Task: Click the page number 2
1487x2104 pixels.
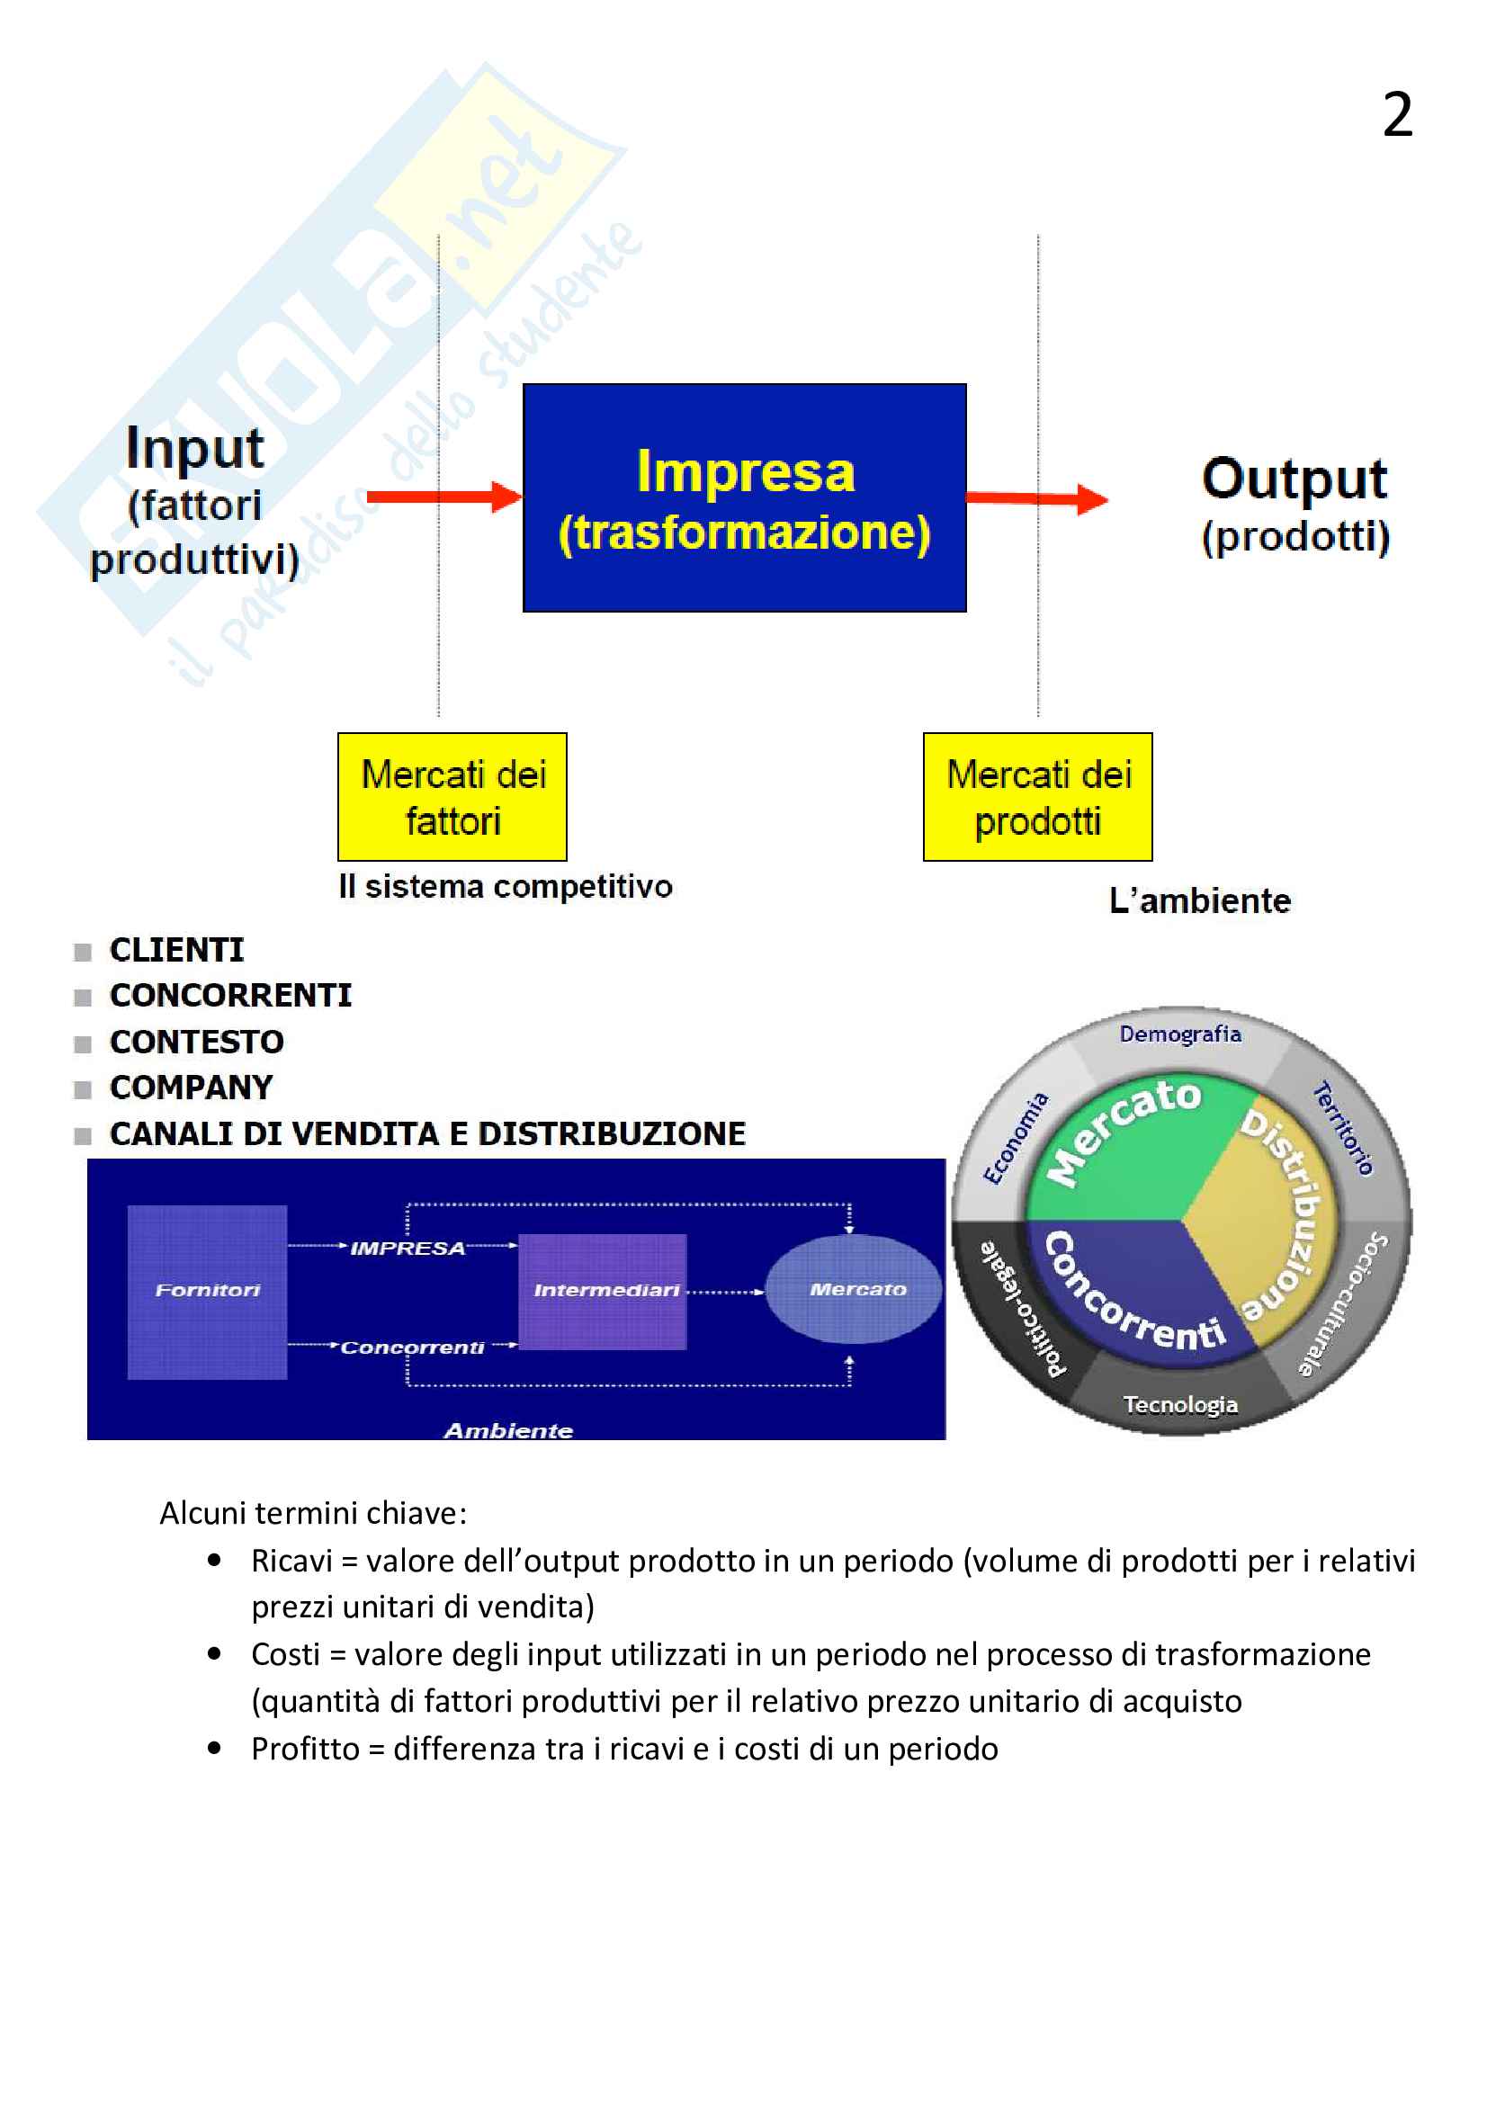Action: coord(1396,115)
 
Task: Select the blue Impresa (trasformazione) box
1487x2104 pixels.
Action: coord(744,497)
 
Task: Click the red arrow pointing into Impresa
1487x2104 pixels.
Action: coord(443,497)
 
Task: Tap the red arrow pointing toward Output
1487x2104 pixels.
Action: coord(1036,498)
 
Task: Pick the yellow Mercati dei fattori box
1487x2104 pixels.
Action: coord(452,796)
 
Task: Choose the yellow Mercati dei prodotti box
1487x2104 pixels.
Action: coord(1037,796)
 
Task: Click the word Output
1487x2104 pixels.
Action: coord(1294,479)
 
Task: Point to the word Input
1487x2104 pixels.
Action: coord(194,448)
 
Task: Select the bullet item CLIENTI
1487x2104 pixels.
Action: coord(177,950)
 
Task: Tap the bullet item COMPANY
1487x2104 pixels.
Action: coord(191,1088)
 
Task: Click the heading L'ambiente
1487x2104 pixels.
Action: coord(1199,900)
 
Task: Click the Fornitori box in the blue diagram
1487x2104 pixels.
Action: coord(207,1291)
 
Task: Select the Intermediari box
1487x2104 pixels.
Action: coord(603,1291)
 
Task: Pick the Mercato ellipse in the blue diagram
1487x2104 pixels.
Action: coord(853,1289)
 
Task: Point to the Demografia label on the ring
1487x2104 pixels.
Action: coord(1180,1034)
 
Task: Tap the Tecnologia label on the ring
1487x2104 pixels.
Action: coord(1180,1405)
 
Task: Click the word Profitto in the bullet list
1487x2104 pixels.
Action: coord(305,1750)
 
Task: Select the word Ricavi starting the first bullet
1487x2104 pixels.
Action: coord(291,1562)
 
